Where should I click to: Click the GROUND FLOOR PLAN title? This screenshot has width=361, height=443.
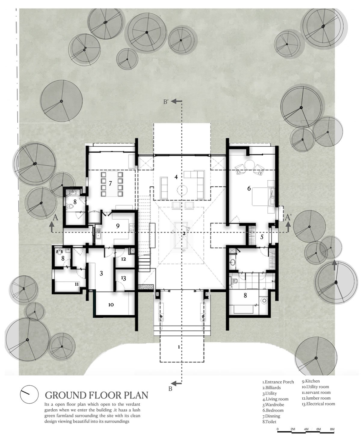click(x=96, y=395)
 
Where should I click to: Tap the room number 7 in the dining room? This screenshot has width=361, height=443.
click(x=110, y=183)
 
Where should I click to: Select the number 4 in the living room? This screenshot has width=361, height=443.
click(x=176, y=177)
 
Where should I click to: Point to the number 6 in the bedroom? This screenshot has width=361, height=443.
click(x=249, y=189)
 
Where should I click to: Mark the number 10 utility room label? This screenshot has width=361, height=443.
click(x=111, y=305)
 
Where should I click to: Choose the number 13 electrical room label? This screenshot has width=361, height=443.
click(x=124, y=278)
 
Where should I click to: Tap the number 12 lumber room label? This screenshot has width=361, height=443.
click(x=124, y=259)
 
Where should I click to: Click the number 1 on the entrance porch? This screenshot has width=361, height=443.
click(x=179, y=347)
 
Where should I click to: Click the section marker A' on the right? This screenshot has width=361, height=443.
click(x=288, y=217)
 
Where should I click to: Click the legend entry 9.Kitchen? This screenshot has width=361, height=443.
click(x=311, y=381)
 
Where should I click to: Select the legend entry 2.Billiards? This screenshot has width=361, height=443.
click(x=271, y=388)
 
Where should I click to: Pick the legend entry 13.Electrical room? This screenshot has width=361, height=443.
click(x=318, y=404)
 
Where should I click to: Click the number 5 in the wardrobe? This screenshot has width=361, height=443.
click(x=262, y=237)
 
